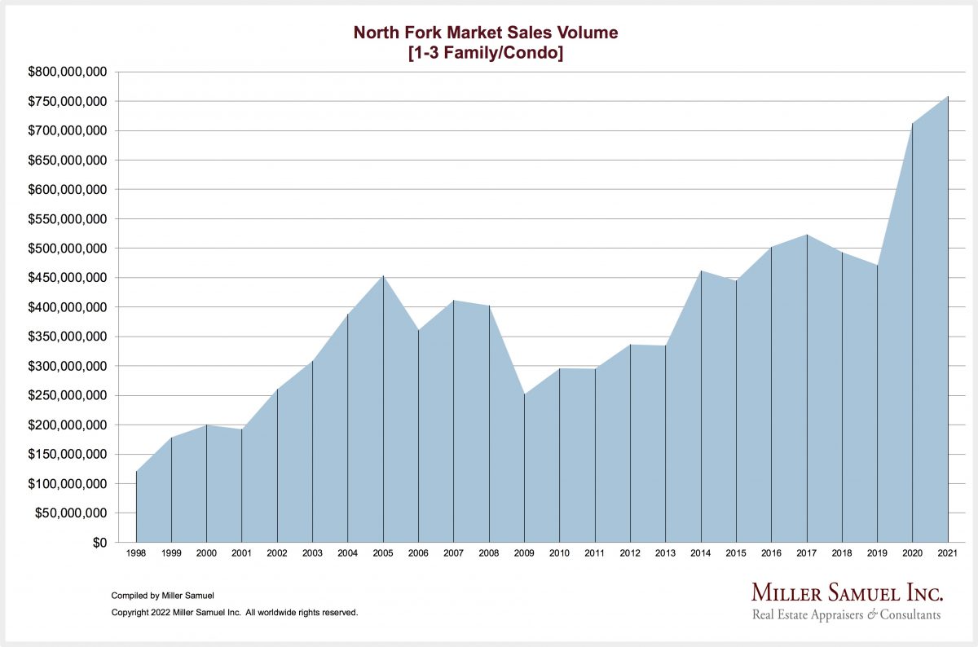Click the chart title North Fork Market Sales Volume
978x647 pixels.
pyautogui.click(x=485, y=33)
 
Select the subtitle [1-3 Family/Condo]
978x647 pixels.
pyautogui.click(x=485, y=55)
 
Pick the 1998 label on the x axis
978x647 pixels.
pyautogui.click(x=136, y=553)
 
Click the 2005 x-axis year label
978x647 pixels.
pyautogui.click(x=383, y=553)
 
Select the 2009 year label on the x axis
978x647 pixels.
pyautogui.click(x=524, y=553)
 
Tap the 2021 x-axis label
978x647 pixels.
pyautogui.click(x=948, y=553)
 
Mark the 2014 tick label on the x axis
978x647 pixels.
pyautogui.click(x=701, y=553)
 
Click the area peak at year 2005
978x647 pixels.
pyautogui.click(x=383, y=276)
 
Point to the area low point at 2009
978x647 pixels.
pyautogui.click(x=524, y=394)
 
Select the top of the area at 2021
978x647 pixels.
pyautogui.click(x=948, y=97)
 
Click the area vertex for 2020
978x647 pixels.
pyautogui.click(x=913, y=124)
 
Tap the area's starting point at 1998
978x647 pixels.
pyautogui.click(x=136, y=472)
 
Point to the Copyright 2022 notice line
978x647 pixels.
pyautogui.click(x=234, y=612)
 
